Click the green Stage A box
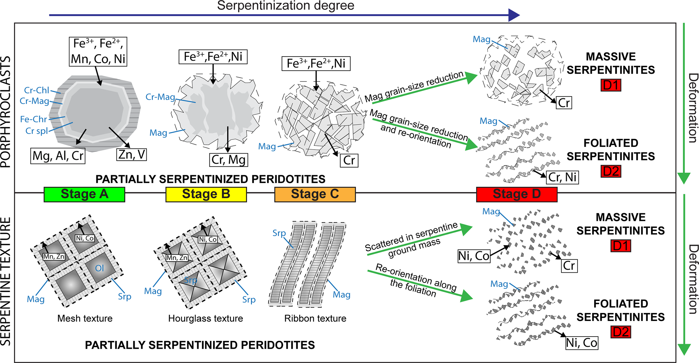84,195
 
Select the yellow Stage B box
206,195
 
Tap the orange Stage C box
315,195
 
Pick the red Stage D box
516,195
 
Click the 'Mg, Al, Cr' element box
58,156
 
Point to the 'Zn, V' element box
132,155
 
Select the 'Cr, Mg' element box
229,160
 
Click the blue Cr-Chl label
37,90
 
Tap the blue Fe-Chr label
33,119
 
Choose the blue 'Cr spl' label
37,131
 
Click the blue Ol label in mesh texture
99,268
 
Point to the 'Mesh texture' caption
85,318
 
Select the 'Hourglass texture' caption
206,318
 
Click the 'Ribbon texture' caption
315,318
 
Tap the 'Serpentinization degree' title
285,6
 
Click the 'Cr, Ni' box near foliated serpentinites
562,177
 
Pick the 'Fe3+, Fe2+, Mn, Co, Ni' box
98,51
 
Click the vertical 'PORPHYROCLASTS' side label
6,112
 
